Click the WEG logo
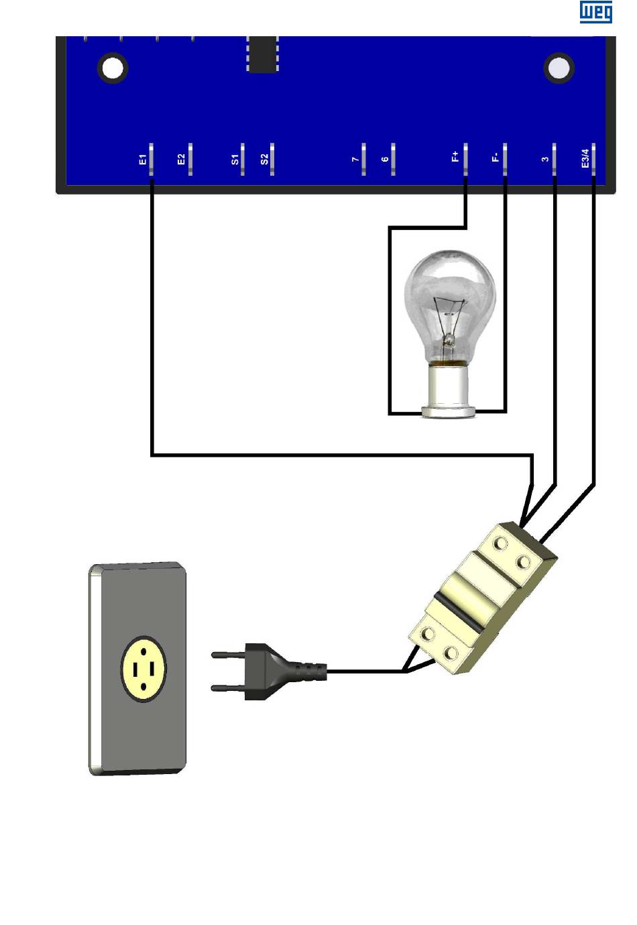coord(595,12)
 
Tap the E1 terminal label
coord(142,160)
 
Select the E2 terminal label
coord(181,160)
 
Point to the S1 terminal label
coord(235,160)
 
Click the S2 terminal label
coord(264,160)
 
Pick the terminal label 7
coord(355,160)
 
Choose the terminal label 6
coord(385,160)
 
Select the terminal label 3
coord(545,160)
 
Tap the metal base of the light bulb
coord(447,389)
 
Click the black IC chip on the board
coord(262,54)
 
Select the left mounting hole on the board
coord(113,68)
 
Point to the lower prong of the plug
coord(228,688)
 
